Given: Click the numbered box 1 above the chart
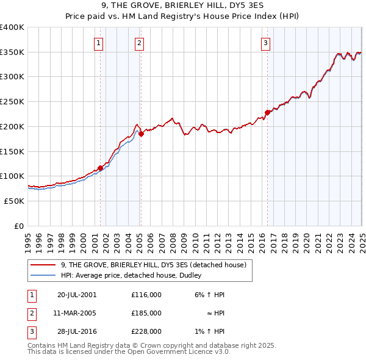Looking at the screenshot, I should click(x=98, y=43).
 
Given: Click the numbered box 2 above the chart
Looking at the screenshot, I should click(x=140, y=43).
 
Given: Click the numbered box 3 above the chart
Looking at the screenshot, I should click(x=266, y=43).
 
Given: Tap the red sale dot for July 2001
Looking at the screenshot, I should click(x=101, y=168).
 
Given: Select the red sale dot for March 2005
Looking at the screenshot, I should click(x=141, y=134).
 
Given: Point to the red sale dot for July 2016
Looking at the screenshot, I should click(x=267, y=112).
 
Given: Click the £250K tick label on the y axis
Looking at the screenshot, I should click(x=12, y=102).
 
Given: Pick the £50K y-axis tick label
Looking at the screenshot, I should click(x=15, y=201).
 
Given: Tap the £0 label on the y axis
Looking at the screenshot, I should click(x=19, y=226).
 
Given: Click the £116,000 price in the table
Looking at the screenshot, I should click(x=146, y=294).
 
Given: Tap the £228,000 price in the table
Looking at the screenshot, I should click(x=146, y=332).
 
